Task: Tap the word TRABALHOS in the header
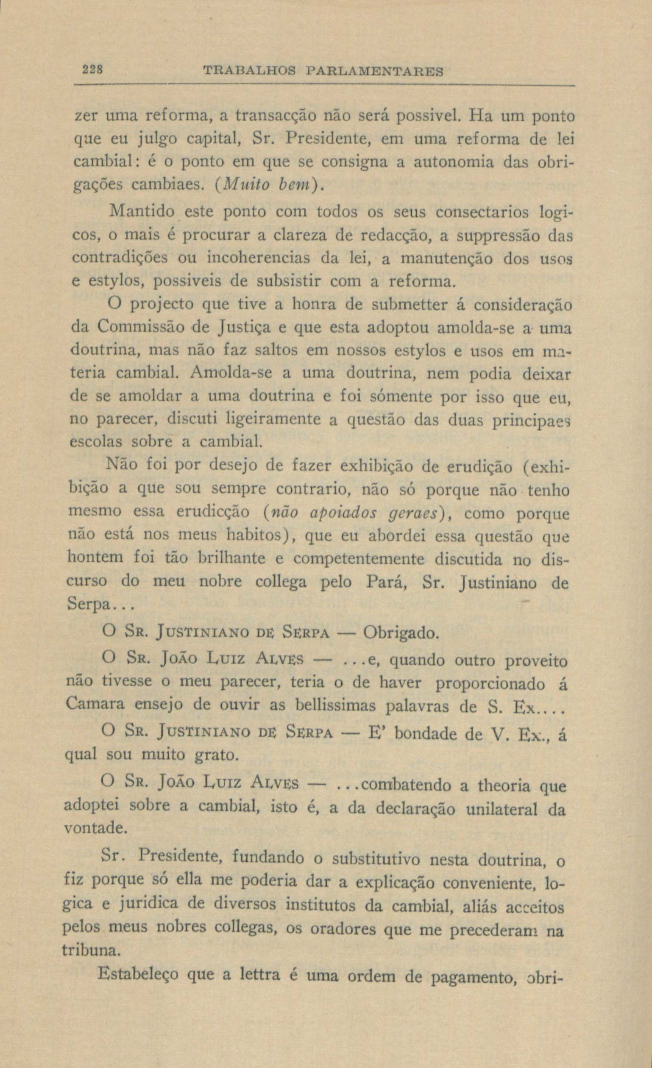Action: click(249, 71)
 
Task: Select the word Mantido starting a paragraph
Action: click(142, 211)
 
